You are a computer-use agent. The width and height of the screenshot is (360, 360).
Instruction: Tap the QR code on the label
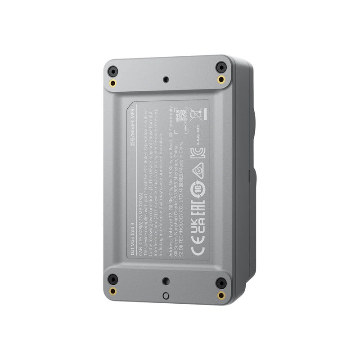181,114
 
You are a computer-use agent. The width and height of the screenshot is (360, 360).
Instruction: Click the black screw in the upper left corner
112,72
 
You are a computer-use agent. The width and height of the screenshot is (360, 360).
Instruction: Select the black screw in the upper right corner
220,67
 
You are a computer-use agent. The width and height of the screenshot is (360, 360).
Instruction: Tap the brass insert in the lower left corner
112,291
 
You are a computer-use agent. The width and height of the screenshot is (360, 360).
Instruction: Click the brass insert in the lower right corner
220,295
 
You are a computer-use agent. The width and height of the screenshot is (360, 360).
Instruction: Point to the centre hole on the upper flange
166,80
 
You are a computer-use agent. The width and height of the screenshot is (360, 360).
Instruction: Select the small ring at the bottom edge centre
166,296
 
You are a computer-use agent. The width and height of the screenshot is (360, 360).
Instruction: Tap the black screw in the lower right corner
220,283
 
